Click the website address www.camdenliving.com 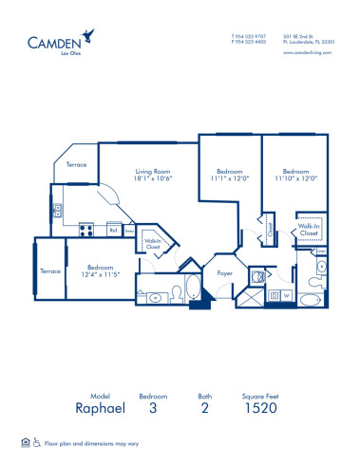[x=309, y=52]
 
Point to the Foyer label [x=225, y=272]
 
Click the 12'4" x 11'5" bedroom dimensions [x=102, y=273]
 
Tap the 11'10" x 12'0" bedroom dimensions [x=294, y=177]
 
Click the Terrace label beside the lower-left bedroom [x=50, y=271]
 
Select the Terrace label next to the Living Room [x=76, y=164]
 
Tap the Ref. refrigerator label [x=113, y=230]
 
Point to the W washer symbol [x=286, y=295]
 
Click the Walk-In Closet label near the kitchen [x=150, y=244]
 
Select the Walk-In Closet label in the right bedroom [x=310, y=230]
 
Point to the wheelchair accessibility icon [x=37, y=443]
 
